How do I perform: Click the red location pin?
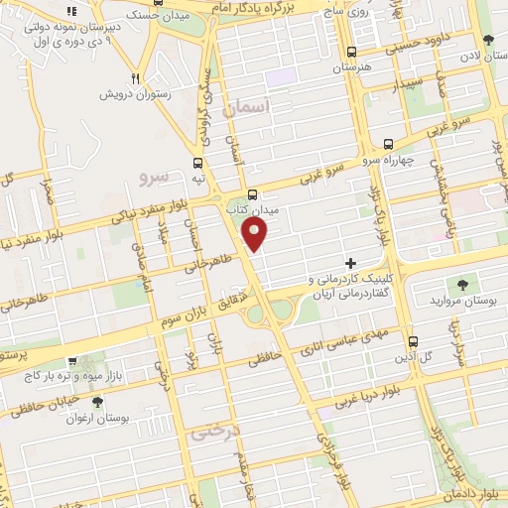point(256,234)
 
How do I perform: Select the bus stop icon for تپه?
point(198,163)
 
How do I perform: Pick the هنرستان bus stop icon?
point(350,53)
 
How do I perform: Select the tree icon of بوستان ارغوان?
point(97,402)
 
